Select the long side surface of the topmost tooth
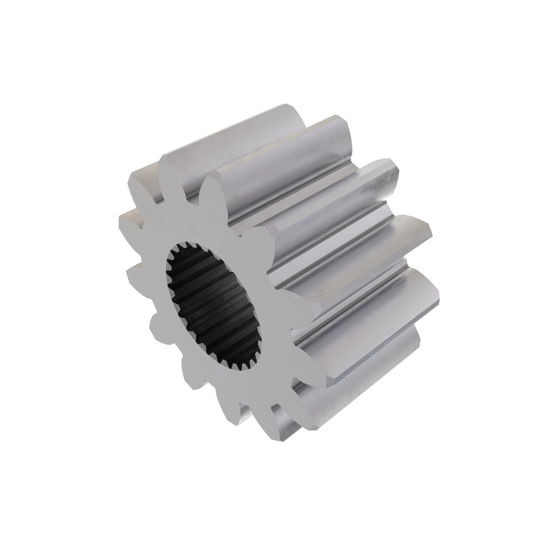[x=226, y=135]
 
